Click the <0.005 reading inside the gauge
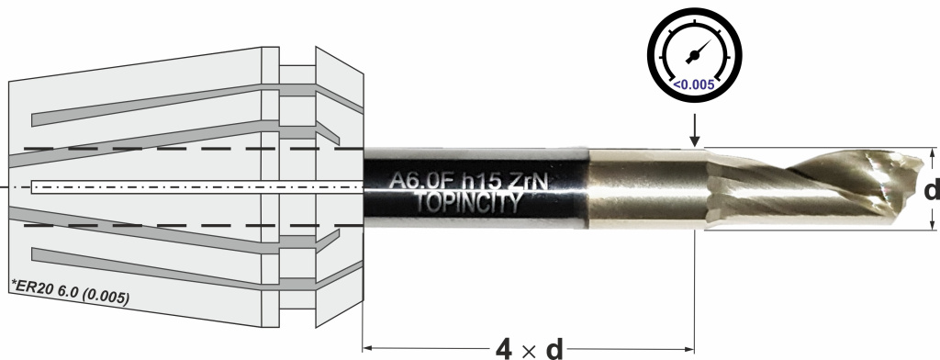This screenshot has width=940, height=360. [694, 84]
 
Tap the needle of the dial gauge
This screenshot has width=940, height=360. [698, 52]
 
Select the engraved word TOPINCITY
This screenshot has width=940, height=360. [467, 203]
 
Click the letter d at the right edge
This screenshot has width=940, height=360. [932, 190]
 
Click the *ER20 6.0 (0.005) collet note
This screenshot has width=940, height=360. [71, 292]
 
